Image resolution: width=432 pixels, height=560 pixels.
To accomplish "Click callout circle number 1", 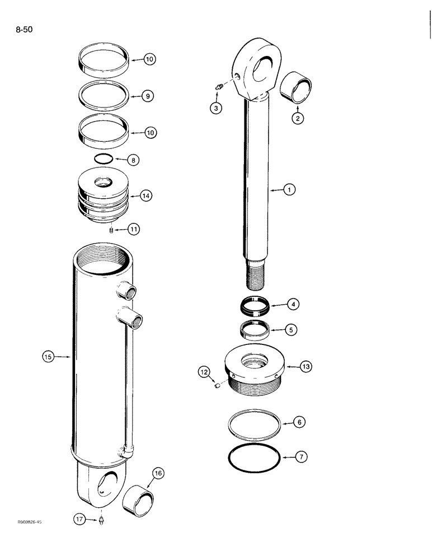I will (x=289, y=190).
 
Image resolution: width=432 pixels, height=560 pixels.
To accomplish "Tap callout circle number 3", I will (x=215, y=108).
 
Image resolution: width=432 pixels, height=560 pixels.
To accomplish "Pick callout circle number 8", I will (x=133, y=160).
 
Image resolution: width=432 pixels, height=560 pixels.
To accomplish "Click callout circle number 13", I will (x=306, y=367).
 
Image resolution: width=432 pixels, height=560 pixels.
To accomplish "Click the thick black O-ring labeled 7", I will (x=255, y=458).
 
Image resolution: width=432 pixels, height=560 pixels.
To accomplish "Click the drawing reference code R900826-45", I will (x=30, y=522).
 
